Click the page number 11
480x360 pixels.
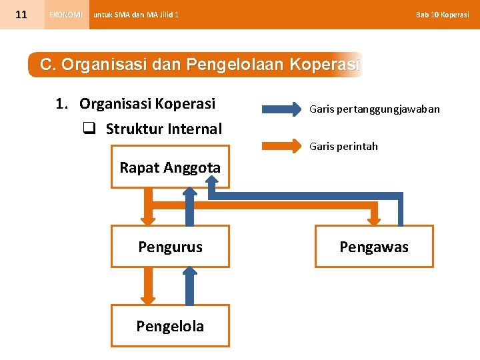pos(21,14)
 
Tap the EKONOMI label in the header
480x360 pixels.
pos(66,15)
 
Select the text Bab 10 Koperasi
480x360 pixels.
pos(442,15)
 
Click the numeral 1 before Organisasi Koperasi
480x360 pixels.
pos(61,104)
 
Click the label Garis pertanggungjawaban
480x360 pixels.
pos(374,109)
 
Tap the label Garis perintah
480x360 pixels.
pos(343,146)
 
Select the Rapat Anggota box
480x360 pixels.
pos(170,168)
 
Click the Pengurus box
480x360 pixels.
pos(170,247)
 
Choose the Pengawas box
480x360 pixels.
pos(374,247)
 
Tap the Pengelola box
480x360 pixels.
pos(170,326)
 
